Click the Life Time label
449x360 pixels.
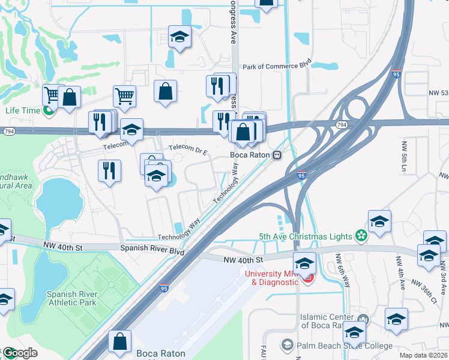tap(22, 110)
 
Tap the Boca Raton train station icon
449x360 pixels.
tap(277, 155)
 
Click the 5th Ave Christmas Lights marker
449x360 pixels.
tap(361, 236)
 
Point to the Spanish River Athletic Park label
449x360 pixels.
tap(71, 299)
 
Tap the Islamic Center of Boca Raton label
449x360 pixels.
tap(327, 321)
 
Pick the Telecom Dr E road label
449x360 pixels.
tap(188, 147)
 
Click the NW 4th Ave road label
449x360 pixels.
tap(398, 269)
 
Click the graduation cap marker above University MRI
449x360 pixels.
tap(304, 263)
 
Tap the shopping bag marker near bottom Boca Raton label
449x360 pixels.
tap(119, 340)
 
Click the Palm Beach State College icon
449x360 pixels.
tap(288, 344)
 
